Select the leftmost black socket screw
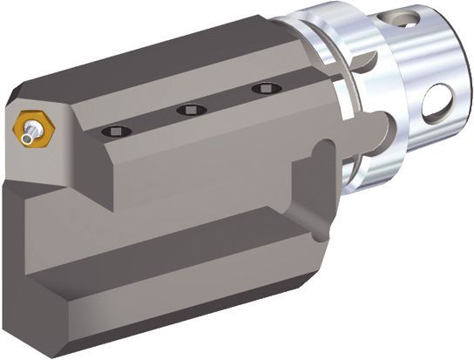116,130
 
